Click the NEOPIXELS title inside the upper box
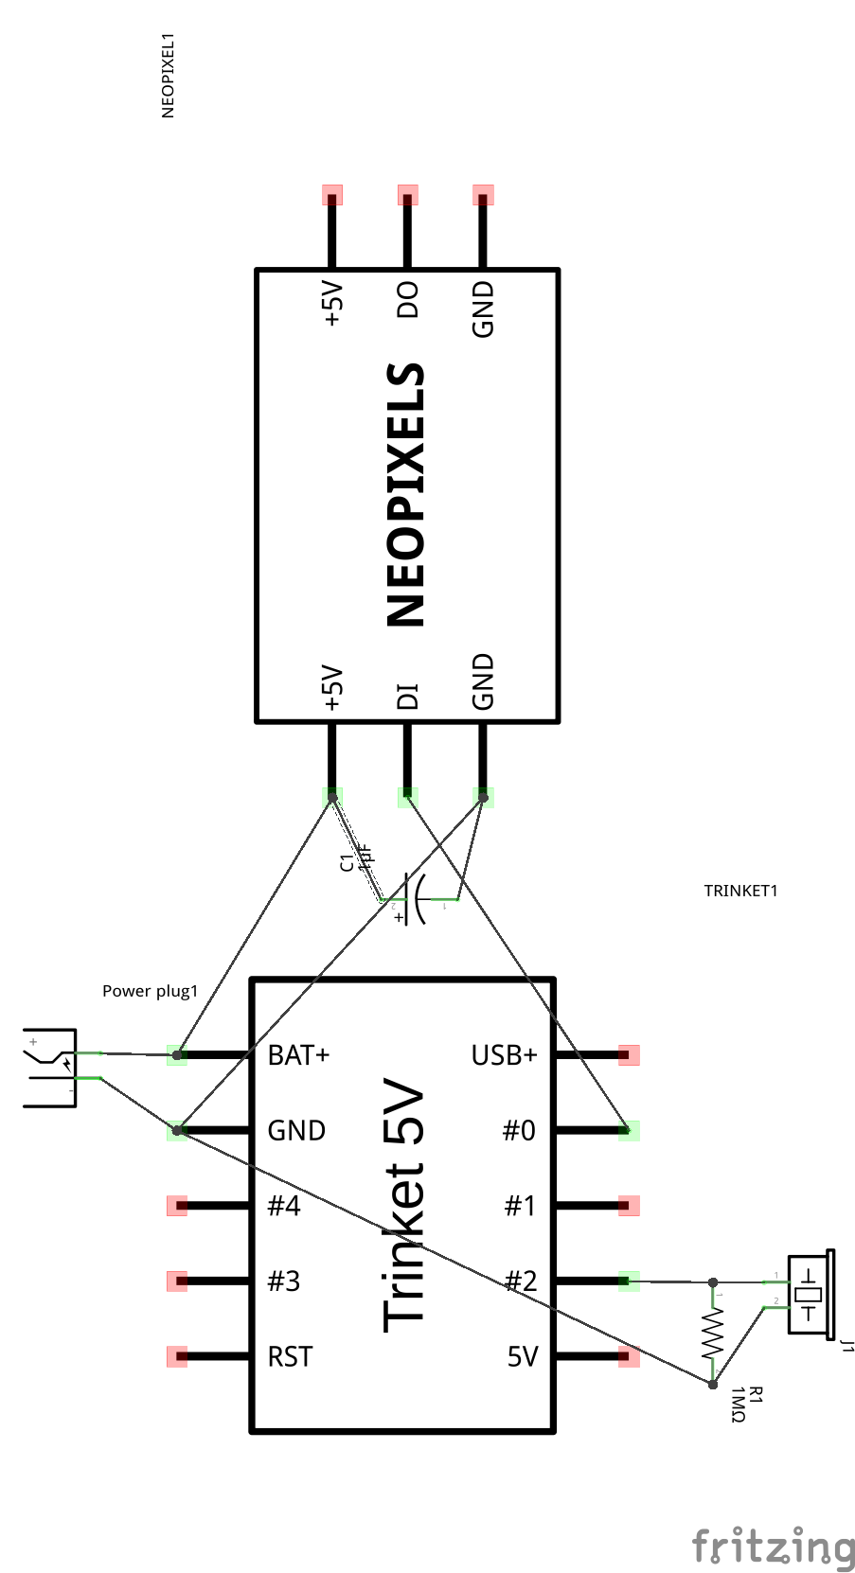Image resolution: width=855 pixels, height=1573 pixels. click(x=406, y=495)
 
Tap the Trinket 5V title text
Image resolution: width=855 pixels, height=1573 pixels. click(x=404, y=1205)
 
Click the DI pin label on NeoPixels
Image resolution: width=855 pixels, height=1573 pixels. click(x=407, y=696)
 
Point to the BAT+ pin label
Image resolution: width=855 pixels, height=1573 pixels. click(x=298, y=1054)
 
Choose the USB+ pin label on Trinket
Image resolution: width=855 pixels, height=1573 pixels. click(x=504, y=1054)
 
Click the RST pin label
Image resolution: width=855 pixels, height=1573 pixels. click(x=290, y=1356)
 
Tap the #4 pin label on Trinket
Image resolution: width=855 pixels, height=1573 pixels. click(x=284, y=1206)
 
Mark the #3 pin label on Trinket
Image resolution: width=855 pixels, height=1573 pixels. click(x=284, y=1281)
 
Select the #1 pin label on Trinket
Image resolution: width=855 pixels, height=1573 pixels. click(x=520, y=1206)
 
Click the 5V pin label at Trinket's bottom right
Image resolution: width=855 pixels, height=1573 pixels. click(x=522, y=1356)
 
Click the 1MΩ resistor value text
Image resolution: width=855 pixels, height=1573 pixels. click(x=739, y=1405)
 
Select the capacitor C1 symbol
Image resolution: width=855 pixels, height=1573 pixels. click(x=415, y=899)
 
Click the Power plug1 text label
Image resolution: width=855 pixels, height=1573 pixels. click(x=150, y=991)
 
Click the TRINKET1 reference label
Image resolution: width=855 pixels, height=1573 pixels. click(x=740, y=891)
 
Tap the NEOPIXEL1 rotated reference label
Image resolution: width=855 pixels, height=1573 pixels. click(x=169, y=76)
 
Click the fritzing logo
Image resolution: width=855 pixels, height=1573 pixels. click(x=774, y=1546)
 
